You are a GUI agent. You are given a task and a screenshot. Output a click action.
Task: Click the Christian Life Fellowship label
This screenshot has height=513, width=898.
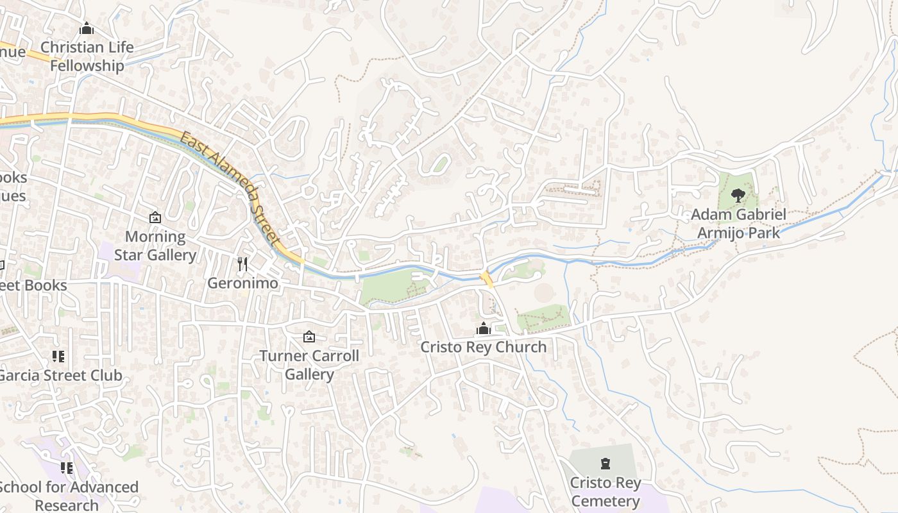click(x=87, y=56)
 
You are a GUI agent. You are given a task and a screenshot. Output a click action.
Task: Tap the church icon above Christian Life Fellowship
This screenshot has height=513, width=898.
click(x=87, y=28)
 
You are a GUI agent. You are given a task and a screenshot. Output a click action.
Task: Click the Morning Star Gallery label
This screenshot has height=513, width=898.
click(x=155, y=246)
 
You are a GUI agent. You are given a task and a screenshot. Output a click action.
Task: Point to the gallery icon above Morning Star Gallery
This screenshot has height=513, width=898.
click(x=155, y=217)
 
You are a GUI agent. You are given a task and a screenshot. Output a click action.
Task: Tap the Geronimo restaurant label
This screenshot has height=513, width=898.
click(x=242, y=283)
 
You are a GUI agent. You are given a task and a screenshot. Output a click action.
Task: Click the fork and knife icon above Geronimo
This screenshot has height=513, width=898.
click(x=242, y=264)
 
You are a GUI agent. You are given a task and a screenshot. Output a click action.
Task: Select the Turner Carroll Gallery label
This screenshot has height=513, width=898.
click(x=309, y=365)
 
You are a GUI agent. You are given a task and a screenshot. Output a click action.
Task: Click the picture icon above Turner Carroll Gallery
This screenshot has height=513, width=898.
click(x=309, y=337)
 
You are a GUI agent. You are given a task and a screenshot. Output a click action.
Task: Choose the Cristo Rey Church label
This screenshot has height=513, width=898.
click(x=484, y=347)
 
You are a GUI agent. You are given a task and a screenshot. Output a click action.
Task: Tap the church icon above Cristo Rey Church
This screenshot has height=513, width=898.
click(x=484, y=329)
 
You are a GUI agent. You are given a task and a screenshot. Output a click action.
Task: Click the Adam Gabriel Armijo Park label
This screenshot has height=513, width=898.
click(x=739, y=223)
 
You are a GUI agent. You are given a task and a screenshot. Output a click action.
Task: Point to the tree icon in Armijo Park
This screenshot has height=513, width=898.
click(x=738, y=195)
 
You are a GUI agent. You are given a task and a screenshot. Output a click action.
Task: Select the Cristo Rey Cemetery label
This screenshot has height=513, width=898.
click(x=606, y=491)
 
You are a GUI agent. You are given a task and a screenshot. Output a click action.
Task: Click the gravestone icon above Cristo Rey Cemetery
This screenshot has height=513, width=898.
click(x=605, y=464)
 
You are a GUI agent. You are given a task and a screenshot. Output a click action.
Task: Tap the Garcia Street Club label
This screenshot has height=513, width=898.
click(x=60, y=375)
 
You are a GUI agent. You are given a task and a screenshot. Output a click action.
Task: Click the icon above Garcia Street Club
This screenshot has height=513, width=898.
click(x=58, y=357)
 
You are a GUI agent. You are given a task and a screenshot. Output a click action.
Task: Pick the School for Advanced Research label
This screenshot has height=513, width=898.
click(x=69, y=496)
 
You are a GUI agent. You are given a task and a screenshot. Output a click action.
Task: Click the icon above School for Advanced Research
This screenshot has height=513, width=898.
click(x=67, y=469)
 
